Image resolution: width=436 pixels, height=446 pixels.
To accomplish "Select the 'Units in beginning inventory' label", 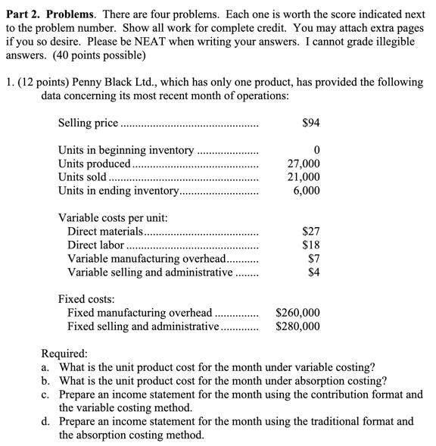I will pyautogui.click(x=126, y=150).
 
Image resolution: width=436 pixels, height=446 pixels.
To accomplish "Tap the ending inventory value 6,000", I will pyautogui.click(x=307, y=191).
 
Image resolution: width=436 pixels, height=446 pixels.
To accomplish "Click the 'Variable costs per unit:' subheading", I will pyautogui.click(x=113, y=218).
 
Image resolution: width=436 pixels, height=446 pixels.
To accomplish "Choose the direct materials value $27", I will pyautogui.click(x=310, y=232).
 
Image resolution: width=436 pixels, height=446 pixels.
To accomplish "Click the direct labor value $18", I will pyautogui.click(x=310, y=245).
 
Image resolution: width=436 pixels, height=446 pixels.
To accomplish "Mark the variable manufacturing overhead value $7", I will pyautogui.click(x=313, y=259).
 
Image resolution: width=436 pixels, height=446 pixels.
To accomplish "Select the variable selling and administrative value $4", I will pyautogui.click(x=313, y=273).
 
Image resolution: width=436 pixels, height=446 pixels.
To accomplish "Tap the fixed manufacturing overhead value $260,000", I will pyautogui.click(x=297, y=313).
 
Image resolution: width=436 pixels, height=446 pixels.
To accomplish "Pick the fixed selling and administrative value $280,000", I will pyautogui.click(x=297, y=327).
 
